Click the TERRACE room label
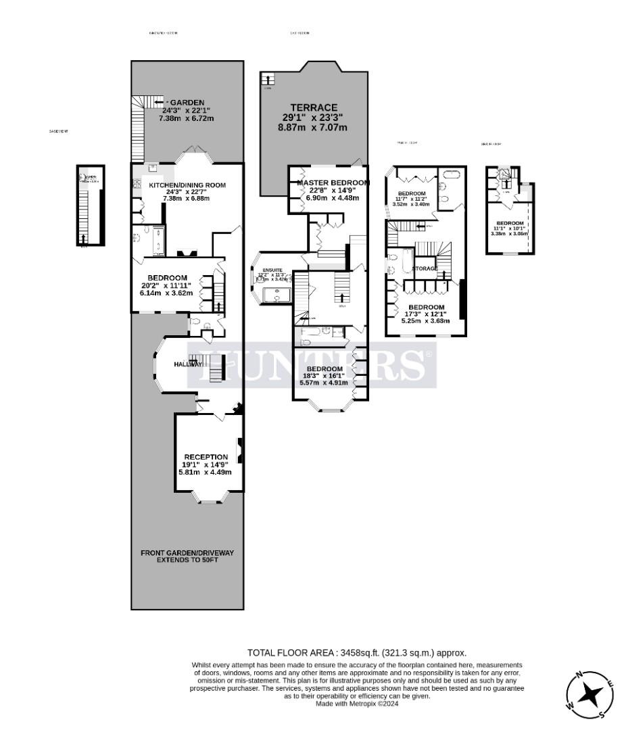[314, 107]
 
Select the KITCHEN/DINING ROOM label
[187, 185]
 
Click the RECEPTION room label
[206, 457]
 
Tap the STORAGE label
[426, 268]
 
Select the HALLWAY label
[187, 364]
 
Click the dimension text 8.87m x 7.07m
[314, 127]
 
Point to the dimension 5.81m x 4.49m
[205, 472]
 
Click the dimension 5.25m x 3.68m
[426, 321]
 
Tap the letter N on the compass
[579, 675]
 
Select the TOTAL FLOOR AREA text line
[356, 652]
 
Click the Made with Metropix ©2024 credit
[357, 704]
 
